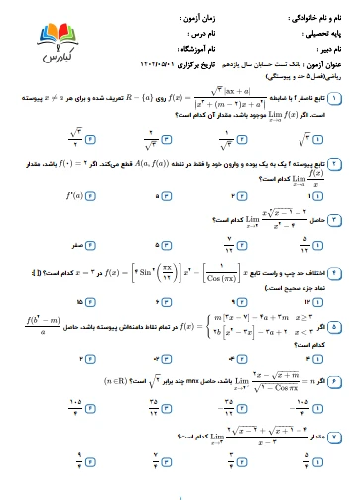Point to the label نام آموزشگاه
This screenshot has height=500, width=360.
coord(192,47)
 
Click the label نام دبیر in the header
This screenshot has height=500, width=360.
coord(326,47)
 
